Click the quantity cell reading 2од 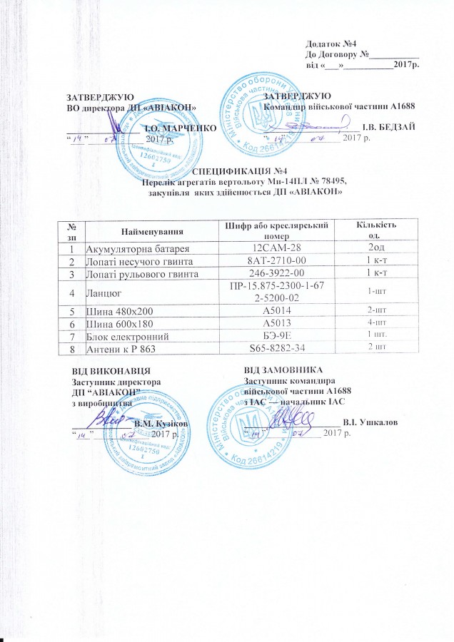click(368, 248)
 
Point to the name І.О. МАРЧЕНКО click(175, 126)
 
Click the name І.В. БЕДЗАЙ click(389, 127)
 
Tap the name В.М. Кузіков click(161, 424)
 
